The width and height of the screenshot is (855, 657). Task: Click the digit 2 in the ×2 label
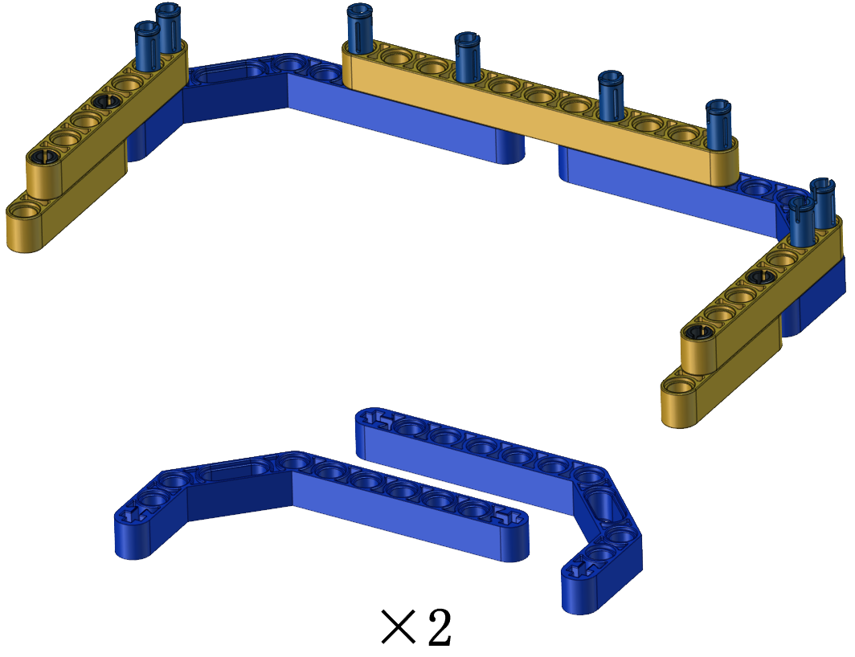point(440,627)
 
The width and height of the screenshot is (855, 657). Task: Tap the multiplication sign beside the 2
point(399,627)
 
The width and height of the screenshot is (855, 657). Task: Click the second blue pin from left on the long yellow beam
point(468,57)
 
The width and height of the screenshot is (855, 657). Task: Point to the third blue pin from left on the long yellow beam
point(611,95)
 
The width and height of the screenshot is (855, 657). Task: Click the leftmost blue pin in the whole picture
point(147,46)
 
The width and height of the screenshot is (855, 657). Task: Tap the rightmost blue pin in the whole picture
point(824,202)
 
